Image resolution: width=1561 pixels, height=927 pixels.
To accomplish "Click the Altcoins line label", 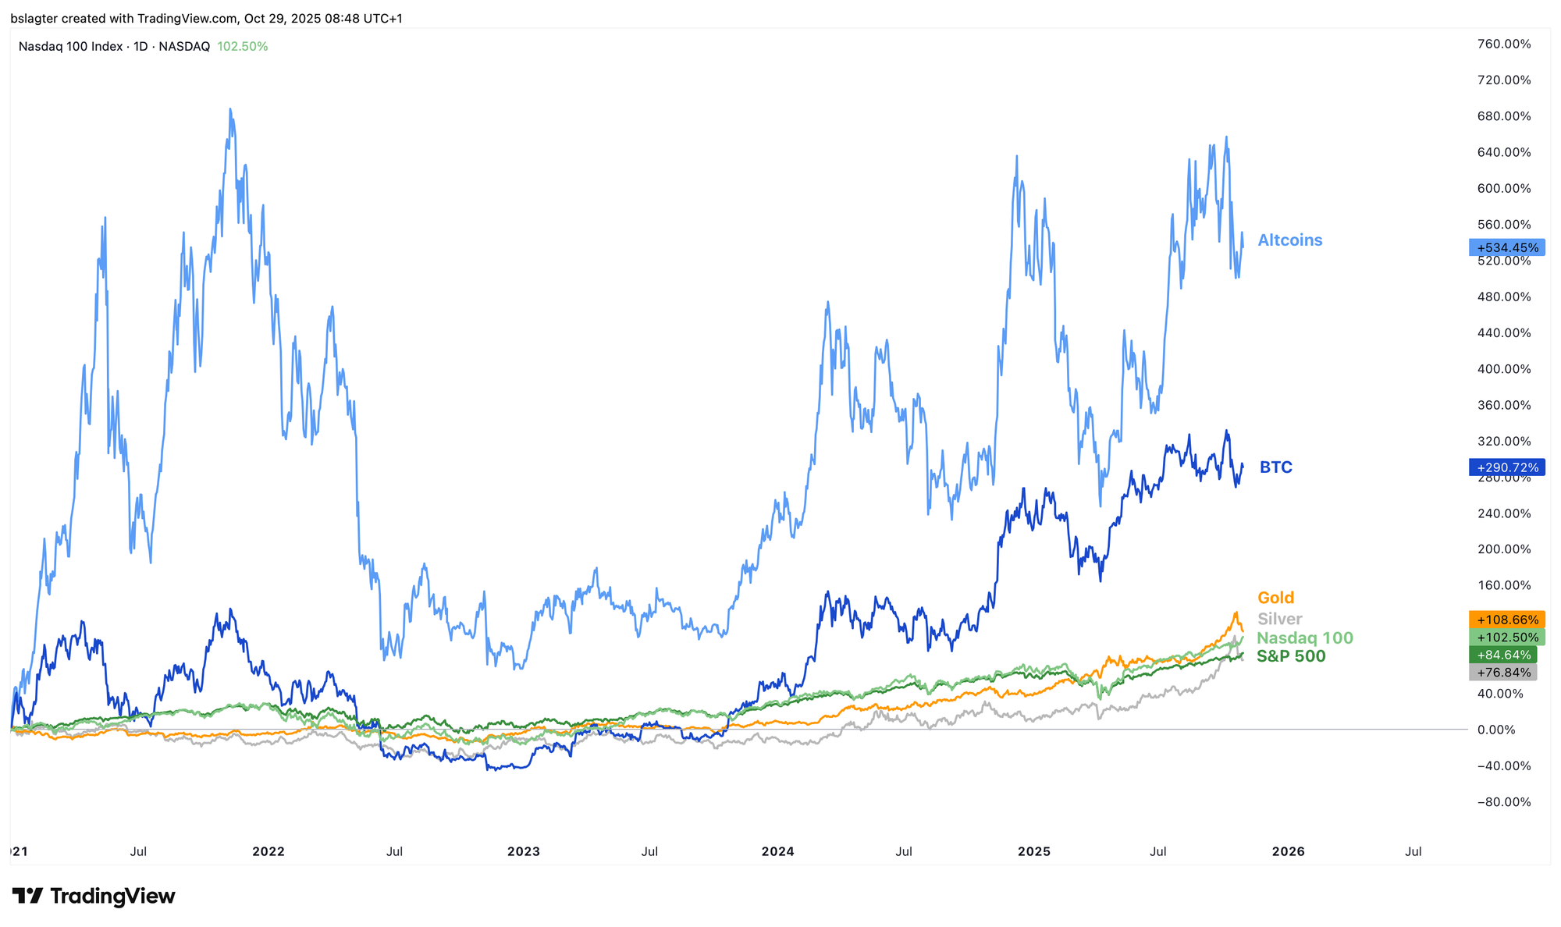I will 1290,240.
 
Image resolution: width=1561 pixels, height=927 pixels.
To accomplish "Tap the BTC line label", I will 1276,467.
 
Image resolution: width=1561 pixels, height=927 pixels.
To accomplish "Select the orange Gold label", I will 1275,598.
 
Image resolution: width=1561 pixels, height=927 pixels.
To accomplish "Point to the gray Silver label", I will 1279,619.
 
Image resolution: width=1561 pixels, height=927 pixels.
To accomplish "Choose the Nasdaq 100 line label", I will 1305,638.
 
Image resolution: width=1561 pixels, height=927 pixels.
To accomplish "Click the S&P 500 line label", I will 1291,656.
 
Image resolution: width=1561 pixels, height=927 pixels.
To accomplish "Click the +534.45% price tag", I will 1507,247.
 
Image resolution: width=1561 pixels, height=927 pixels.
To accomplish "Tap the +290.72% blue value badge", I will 1507,467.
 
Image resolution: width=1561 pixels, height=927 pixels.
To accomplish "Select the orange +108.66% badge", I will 1507,620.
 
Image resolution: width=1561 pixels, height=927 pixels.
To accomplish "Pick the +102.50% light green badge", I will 1507,638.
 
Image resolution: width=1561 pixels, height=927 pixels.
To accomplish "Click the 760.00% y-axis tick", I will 1504,44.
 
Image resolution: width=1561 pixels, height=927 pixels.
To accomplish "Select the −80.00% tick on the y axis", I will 1504,802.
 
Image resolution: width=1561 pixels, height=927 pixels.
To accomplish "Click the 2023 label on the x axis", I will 523,851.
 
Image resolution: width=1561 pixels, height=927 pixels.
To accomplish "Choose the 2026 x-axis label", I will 1288,851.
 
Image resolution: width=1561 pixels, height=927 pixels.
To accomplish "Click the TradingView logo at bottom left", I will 94,896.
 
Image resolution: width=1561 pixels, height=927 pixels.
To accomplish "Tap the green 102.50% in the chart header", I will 242,47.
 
